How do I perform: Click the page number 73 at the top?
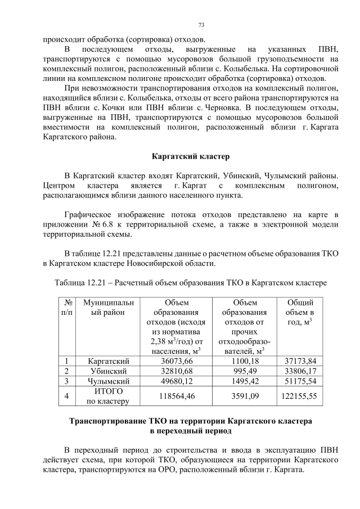tap(201, 25)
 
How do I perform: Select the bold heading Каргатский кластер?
tap(191, 156)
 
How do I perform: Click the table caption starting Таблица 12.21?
tap(191, 281)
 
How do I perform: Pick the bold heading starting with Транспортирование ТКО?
tap(191, 426)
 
